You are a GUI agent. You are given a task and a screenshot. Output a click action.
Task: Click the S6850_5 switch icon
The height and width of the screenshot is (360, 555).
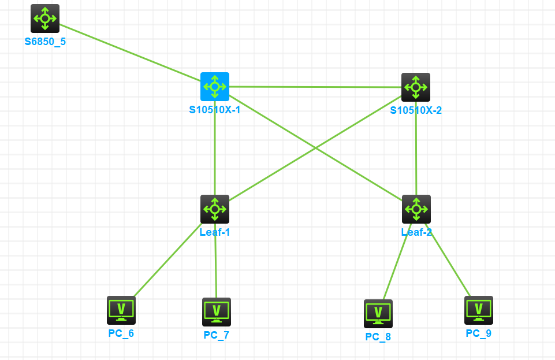tap(45, 18)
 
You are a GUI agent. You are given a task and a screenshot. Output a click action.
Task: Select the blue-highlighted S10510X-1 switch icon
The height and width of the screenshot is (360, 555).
tap(215, 87)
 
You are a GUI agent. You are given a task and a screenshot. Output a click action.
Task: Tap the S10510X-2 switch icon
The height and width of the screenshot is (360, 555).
tap(416, 87)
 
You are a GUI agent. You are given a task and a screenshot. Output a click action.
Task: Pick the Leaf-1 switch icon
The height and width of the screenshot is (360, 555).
tap(215, 209)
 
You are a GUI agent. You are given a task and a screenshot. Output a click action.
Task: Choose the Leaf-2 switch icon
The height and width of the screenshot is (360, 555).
tap(416, 209)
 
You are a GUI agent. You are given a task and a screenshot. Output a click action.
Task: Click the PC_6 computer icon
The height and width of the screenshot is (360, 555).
tap(121, 310)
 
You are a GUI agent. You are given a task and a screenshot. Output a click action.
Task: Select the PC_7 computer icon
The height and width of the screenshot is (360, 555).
tap(217, 312)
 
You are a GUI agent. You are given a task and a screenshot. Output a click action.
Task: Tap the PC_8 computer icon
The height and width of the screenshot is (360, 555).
tap(378, 314)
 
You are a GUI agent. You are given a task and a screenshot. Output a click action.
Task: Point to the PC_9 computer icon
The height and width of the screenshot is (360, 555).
tap(479, 310)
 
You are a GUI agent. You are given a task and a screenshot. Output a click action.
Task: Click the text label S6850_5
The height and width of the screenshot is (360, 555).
tap(45, 42)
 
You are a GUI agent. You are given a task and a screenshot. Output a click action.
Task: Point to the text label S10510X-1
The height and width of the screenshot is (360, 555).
tap(215, 110)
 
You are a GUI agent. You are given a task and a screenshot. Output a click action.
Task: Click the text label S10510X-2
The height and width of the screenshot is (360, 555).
tap(416, 110)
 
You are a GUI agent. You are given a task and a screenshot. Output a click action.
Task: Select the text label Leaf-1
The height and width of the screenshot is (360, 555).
tap(215, 232)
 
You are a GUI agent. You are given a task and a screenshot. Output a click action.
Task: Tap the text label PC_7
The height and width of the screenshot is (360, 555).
tap(217, 335)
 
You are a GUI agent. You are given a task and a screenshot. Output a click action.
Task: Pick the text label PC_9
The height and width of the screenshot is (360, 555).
tap(479, 333)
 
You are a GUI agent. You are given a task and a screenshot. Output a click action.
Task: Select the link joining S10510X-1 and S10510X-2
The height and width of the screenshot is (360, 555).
tap(315, 87)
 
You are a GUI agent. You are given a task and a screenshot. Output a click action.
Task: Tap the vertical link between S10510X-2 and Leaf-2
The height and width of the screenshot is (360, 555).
tap(416, 153)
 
